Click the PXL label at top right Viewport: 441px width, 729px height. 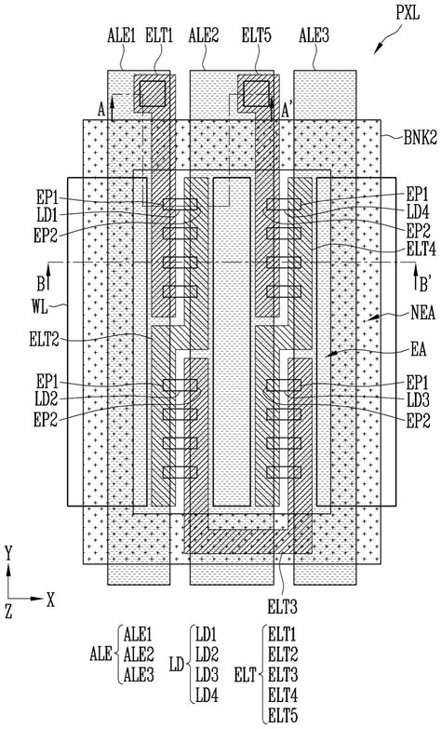408,13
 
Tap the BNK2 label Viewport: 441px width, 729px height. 421,138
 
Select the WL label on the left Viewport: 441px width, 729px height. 39,307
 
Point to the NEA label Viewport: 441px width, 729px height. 422,313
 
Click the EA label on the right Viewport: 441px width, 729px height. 419,349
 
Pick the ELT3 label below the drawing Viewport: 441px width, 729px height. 282,607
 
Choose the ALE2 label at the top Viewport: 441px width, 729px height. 204,35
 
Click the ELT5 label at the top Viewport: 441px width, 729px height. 257,35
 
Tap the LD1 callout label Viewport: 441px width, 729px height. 47,215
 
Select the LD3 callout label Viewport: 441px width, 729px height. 419,399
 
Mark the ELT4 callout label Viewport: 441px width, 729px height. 421,250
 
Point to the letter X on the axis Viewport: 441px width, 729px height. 50,601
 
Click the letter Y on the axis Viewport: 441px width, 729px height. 7,553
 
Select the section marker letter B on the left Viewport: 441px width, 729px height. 41,283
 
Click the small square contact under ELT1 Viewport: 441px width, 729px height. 153,93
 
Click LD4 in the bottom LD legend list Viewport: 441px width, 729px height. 207,695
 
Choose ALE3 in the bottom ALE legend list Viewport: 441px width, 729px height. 139,675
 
